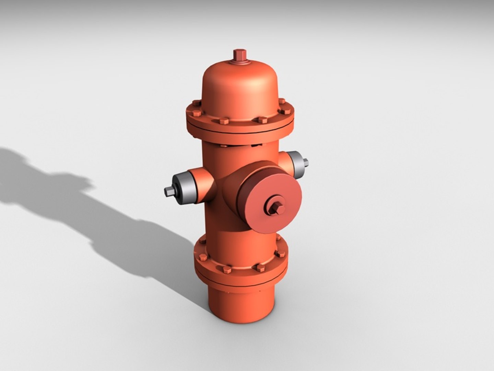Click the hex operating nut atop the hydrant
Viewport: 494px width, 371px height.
(239, 56)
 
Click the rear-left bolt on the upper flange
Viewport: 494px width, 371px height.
(196, 103)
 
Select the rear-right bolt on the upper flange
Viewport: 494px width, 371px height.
(282, 101)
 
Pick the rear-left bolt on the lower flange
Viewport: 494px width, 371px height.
(202, 240)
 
